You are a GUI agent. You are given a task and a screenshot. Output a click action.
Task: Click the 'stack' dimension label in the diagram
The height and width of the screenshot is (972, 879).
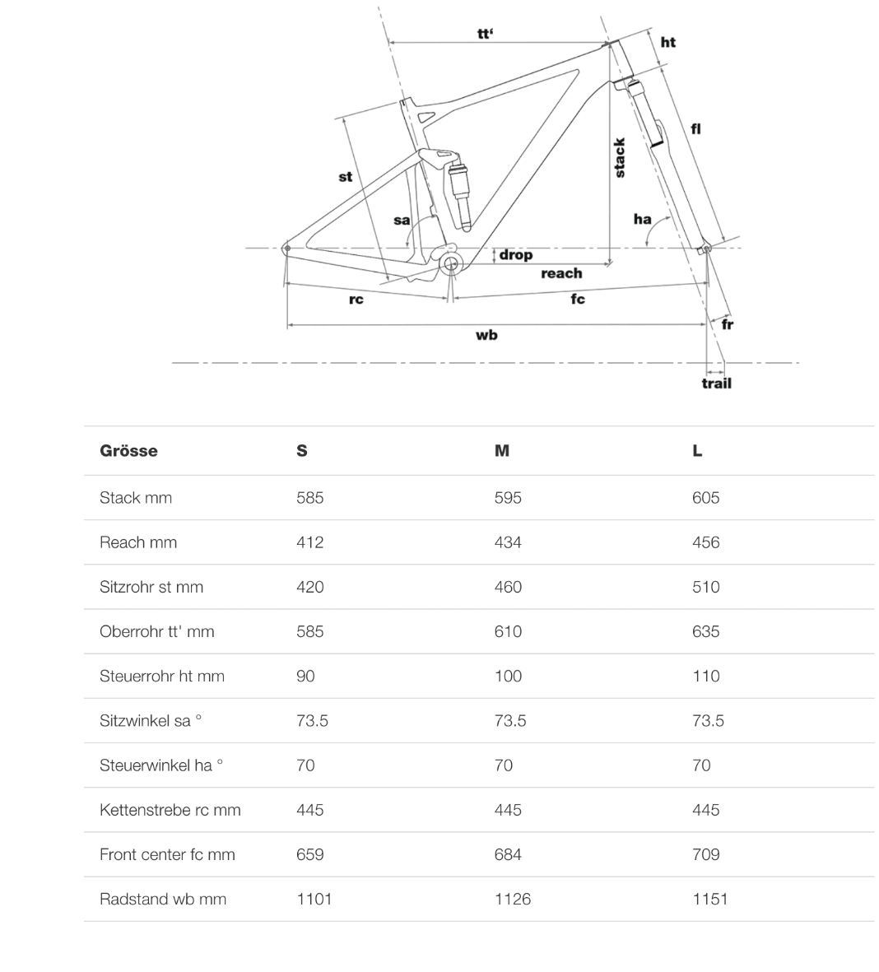click(x=620, y=157)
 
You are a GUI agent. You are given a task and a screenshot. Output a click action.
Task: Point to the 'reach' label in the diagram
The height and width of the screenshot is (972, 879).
click(x=561, y=273)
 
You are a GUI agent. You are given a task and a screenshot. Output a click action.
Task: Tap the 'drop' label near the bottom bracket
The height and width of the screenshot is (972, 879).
click(x=516, y=255)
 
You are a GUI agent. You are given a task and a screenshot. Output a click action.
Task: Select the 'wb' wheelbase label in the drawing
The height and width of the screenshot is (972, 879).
click(x=486, y=335)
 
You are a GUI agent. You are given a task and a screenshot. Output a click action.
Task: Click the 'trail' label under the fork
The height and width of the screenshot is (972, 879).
click(x=716, y=383)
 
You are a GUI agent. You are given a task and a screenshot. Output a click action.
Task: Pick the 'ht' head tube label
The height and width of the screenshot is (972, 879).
click(x=668, y=42)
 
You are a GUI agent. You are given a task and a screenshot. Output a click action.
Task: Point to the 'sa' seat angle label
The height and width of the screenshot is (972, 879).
click(x=402, y=220)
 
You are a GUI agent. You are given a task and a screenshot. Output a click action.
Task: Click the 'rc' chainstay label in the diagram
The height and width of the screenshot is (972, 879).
click(x=356, y=300)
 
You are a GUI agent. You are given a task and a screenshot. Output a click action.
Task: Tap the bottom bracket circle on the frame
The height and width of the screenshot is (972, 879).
click(x=450, y=263)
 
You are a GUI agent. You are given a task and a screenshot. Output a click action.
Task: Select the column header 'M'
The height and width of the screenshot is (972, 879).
click(x=502, y=450)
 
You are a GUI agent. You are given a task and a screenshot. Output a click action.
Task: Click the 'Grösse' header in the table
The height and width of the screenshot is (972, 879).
click(x=128, y=450)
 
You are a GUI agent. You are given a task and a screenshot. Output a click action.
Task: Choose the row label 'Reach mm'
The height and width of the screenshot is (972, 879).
click(x=138, y=542)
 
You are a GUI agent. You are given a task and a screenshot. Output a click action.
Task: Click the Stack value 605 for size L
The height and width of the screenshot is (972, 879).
click(x=705, y=498)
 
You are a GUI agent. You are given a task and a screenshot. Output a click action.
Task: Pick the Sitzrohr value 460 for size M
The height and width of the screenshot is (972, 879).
click(x=508, y=587)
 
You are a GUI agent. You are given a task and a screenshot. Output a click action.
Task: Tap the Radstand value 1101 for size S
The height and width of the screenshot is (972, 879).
click(x=314, y=899)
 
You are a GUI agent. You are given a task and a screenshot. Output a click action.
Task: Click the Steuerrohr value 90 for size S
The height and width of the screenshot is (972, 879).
click(x=305, y=676)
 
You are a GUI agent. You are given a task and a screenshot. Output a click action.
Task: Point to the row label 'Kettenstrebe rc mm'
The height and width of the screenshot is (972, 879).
click(x=170, y=810)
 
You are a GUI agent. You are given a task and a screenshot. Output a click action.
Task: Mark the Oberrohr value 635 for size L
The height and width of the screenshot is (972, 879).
click(x=705, y=631)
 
